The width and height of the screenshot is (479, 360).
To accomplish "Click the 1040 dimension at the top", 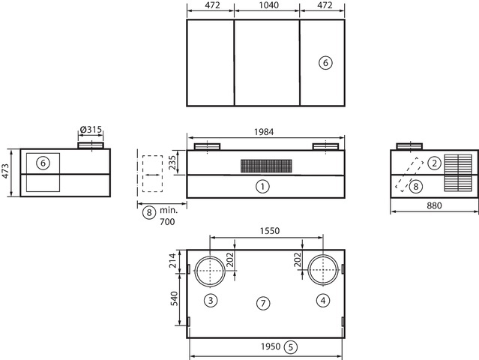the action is [267, 5].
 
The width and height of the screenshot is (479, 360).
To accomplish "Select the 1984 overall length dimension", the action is [264, 132].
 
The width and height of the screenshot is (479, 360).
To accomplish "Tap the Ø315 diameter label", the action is [91, 129].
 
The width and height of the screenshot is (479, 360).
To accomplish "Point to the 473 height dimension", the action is [6, 172].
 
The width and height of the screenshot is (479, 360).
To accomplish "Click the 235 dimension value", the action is [172, 163].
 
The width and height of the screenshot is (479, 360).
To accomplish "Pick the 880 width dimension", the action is [434, 205].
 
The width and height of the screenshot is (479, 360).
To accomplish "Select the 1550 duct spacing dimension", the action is [270, 230].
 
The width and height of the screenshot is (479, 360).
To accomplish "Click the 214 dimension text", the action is [172, 260].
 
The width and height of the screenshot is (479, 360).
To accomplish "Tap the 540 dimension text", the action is [173, 299].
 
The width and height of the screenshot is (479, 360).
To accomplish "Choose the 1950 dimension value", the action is [271, 346].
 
